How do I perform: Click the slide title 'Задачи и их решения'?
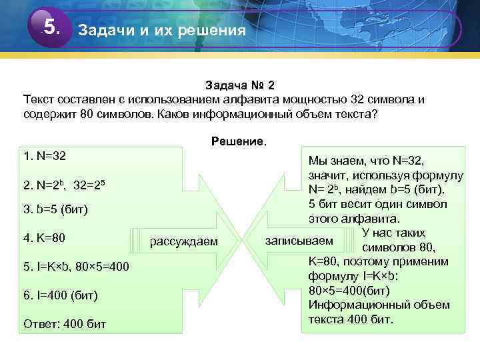162,31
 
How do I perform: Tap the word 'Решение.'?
238,141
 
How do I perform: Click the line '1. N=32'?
44,156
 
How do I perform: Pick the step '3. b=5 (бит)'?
55,210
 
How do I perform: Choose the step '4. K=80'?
44,237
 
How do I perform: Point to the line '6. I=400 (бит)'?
60,295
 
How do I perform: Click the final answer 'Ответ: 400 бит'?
64,323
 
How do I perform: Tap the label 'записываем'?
299,240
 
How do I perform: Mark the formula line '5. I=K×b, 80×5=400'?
75,267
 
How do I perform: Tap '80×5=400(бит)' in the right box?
349,290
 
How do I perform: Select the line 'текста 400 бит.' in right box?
351,319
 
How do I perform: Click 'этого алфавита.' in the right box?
354,218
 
